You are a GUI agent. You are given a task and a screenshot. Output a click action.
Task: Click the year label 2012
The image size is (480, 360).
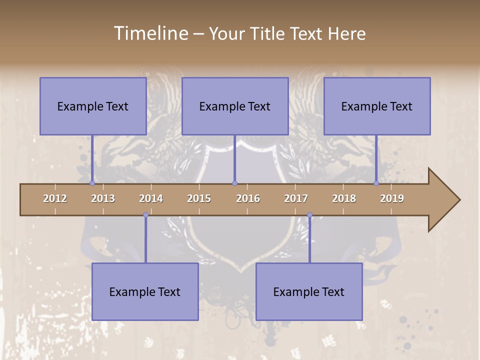(x=55, y=198)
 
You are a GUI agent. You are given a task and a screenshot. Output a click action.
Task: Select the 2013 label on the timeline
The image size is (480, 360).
(x=103, y=198)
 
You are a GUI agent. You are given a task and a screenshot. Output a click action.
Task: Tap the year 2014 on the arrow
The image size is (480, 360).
(x=151, y=198)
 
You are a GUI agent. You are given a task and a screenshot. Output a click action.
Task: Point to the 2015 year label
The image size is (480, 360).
(x=199, y=198)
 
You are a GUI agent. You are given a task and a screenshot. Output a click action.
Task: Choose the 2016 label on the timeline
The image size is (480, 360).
(x=248, y=198)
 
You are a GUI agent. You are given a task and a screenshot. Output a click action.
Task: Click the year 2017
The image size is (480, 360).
(x=296, y=198)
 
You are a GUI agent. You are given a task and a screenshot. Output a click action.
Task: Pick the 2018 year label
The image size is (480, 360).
(x=344, y=198)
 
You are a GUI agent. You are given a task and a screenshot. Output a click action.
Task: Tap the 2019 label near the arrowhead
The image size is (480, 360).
(x=392, y=198)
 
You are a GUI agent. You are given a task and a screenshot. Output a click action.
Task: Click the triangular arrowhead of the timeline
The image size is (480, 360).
(x=443, y=200)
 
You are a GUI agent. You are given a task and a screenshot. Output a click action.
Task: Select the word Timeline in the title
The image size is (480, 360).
(x=150, y=33)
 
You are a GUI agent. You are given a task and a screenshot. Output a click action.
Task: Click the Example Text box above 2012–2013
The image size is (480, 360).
(x=93, y=106)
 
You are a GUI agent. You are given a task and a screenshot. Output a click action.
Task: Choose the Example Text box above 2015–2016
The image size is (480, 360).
(x=235, y=106)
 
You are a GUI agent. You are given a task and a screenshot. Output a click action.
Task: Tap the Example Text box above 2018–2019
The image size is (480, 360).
(x=377, y=106)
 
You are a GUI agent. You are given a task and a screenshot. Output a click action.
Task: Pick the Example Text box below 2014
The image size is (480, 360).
(x=145, y=291)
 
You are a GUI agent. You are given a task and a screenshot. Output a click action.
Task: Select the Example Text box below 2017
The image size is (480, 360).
(x=309, y=291)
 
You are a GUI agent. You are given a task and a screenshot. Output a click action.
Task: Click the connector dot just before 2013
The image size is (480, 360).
(x=92, y=183)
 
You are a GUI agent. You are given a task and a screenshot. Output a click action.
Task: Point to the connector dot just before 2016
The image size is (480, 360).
(x=234, y=183)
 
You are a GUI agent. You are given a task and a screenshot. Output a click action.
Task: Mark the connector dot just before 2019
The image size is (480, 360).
(x=376, y=183)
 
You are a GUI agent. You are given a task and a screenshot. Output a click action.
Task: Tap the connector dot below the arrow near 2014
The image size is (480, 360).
(x=145, y=215)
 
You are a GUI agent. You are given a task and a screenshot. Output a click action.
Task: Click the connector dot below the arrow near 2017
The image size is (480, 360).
(x=309, y=215)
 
